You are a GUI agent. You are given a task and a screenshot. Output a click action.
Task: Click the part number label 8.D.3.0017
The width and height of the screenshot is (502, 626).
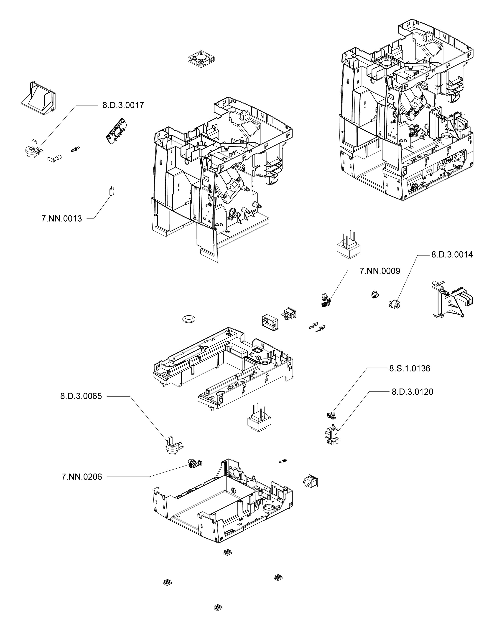(x=123, y=105)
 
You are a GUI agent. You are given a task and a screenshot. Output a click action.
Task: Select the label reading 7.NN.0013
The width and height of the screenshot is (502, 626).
(x=62, y=219)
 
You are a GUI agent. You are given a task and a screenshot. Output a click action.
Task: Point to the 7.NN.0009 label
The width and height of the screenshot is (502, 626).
(x=380, y=271)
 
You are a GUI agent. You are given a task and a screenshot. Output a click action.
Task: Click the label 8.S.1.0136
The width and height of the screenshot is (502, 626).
(x=410, y=369)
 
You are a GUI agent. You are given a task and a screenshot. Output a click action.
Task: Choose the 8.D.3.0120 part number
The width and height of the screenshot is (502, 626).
(x=412, y=392)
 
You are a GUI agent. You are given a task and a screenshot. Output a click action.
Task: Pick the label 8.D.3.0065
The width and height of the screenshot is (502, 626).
(x=81, y=396)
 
